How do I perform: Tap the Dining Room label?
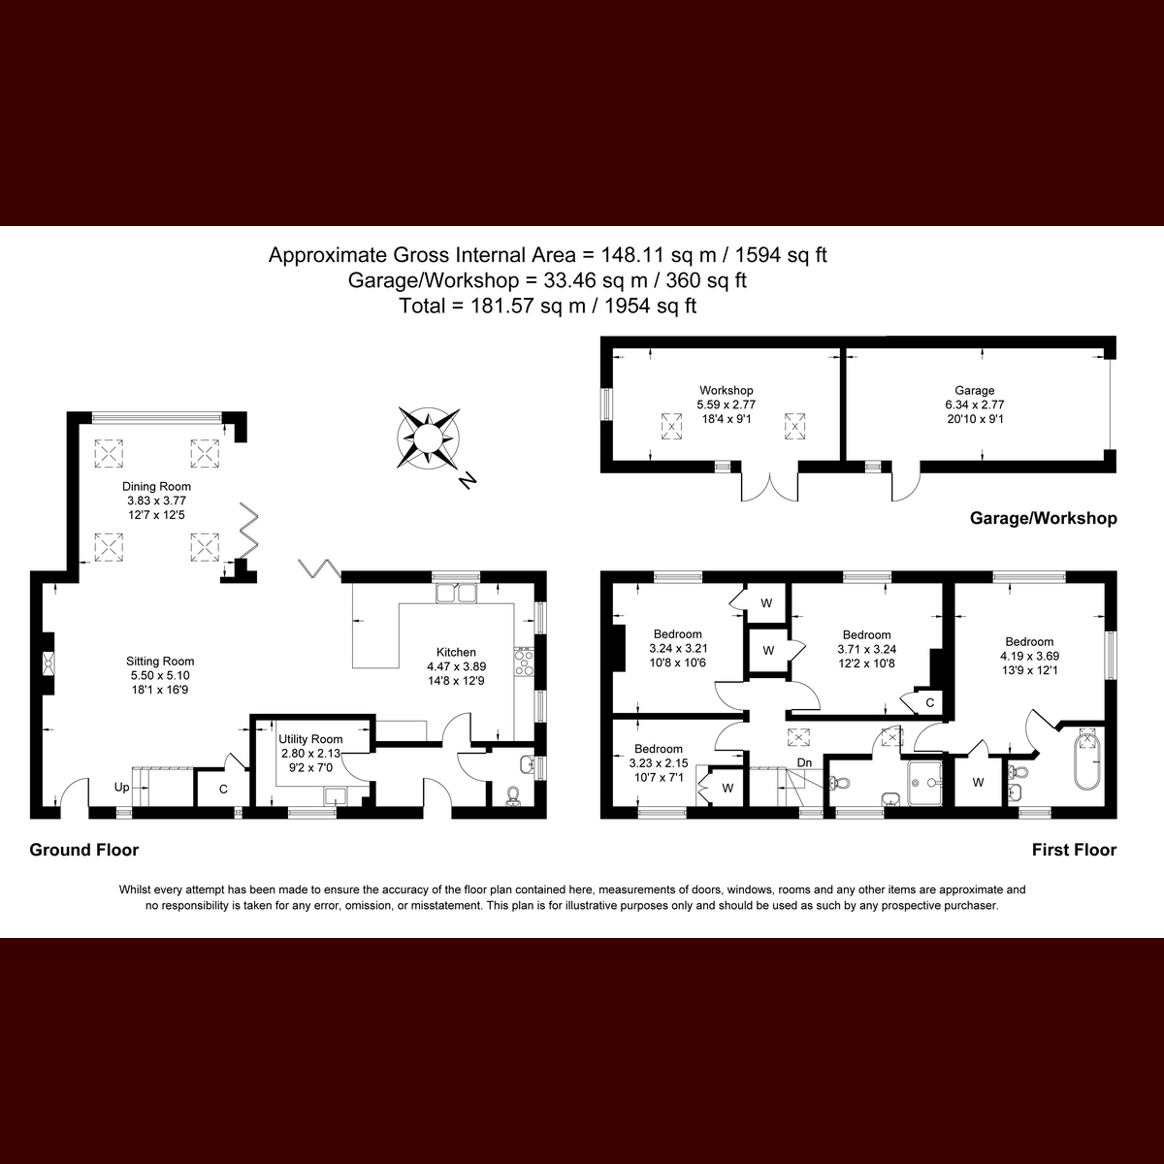point(156,487)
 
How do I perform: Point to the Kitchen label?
point(456,652)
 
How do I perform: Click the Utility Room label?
point(310,740)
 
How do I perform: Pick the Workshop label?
point(726,391)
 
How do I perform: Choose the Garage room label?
point(975,391)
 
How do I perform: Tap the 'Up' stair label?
point(121,788)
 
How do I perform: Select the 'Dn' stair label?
point(804,763)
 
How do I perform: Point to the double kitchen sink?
point(456,594)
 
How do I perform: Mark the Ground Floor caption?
point(84,851)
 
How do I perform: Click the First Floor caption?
point(1074,851)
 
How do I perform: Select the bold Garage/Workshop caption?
point(1043,519)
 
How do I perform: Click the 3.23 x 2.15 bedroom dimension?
point(659,763)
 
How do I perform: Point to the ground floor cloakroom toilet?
point(513,795)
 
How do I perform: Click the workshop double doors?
point(770,485)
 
